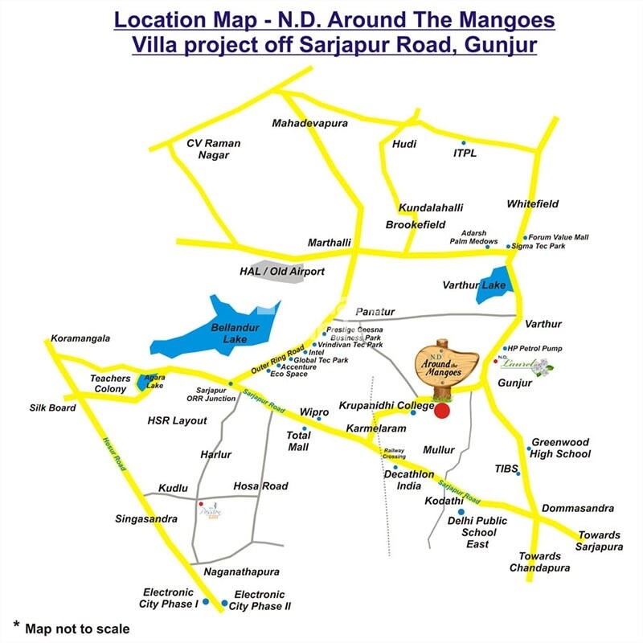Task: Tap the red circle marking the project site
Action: coord(441,411)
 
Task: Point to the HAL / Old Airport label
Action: coord(282,272)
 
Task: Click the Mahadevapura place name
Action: coord(309,124)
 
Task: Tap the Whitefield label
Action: coord(532,204)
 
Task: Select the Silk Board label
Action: coord(53,408)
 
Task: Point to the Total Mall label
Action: coord(298,441)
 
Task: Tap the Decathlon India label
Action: coord(414,480)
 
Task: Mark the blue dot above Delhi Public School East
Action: coord(461,511)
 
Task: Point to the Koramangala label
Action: coord(80,338)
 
